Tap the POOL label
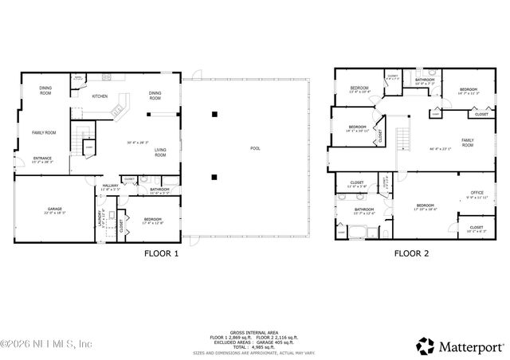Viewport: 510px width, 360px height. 255,149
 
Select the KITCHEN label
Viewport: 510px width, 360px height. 100,96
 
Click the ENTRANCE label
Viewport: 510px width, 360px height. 42,158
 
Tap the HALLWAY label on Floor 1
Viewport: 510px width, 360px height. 110,186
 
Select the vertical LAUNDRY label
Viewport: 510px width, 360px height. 99,217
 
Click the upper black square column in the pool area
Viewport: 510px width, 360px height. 214,115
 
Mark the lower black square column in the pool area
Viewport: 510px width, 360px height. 214,177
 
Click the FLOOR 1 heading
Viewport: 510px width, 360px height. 161,255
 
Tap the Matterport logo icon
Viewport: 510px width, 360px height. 425,346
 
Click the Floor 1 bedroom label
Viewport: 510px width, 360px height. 153,219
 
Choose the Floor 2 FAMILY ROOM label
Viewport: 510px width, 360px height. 467,143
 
